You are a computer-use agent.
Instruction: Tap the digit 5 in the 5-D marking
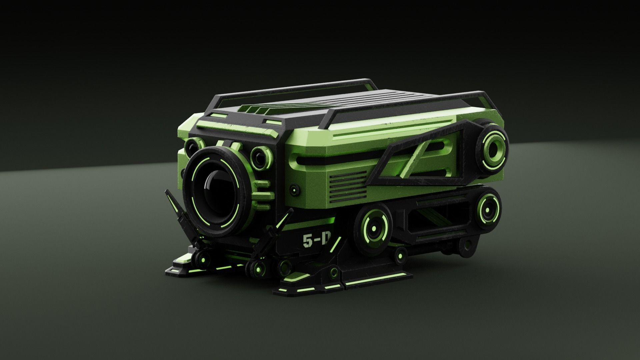[x=307, y=241]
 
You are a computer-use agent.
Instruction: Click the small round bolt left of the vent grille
[x=294, y=189]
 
